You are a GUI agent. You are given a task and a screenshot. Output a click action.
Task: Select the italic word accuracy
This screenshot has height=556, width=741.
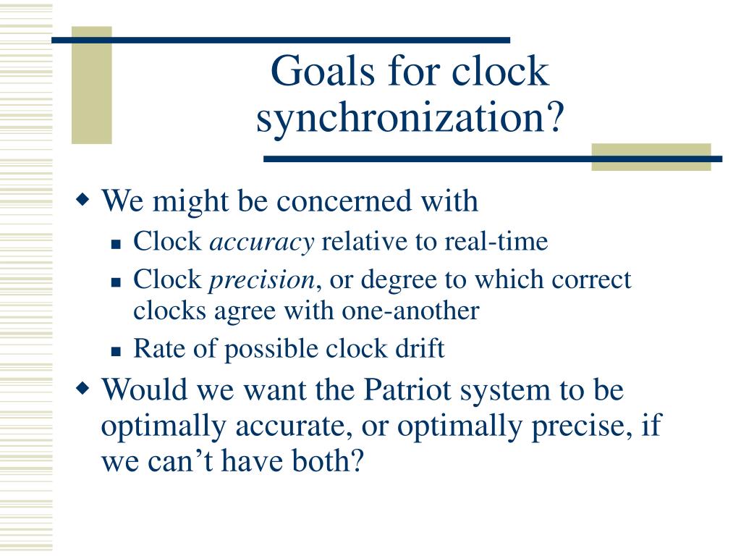coord(262,242)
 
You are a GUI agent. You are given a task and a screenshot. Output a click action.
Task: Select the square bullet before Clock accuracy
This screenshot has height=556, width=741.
coord(116,245)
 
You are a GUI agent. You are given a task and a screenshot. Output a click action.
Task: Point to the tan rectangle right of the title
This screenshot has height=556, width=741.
coord(651,157)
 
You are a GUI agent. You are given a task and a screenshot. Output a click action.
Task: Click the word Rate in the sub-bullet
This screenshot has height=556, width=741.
coord(154,349)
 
